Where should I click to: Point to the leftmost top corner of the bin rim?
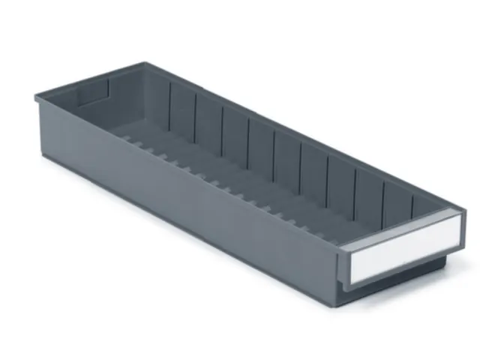pyautogui.click(x=35, y=96)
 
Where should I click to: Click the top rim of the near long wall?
pyautogui.click(x=187, y=166)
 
